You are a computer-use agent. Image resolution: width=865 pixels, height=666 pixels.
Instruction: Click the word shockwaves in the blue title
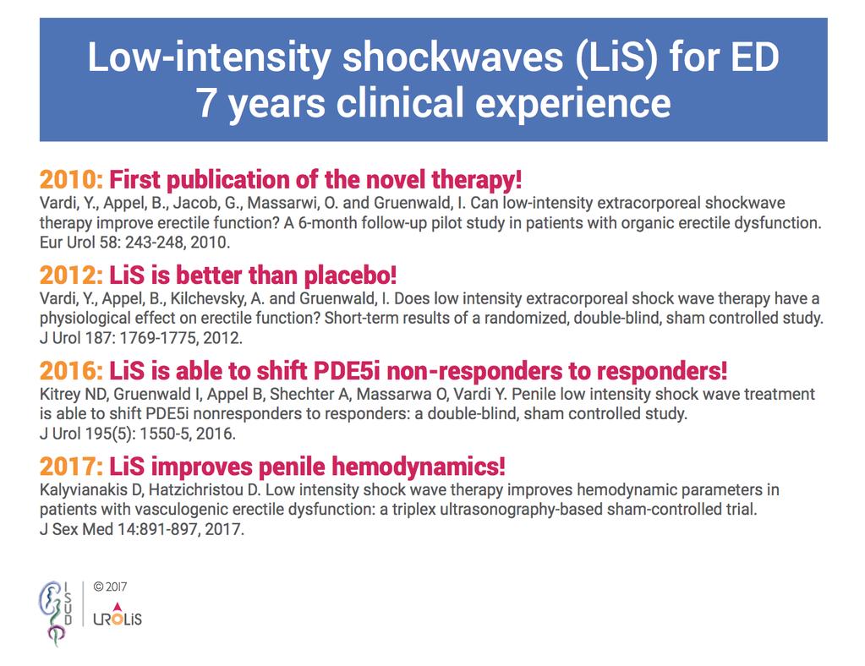pyautogui.click(x=452, y=57)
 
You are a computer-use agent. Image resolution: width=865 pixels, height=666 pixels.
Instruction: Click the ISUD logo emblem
pyautogui.click(x=55, y=613)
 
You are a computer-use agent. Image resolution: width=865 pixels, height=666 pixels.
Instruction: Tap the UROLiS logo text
pyautogui.click(x=118, y=615)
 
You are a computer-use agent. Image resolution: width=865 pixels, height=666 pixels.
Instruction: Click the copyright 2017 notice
pyautogui.click(x=110, y=587)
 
